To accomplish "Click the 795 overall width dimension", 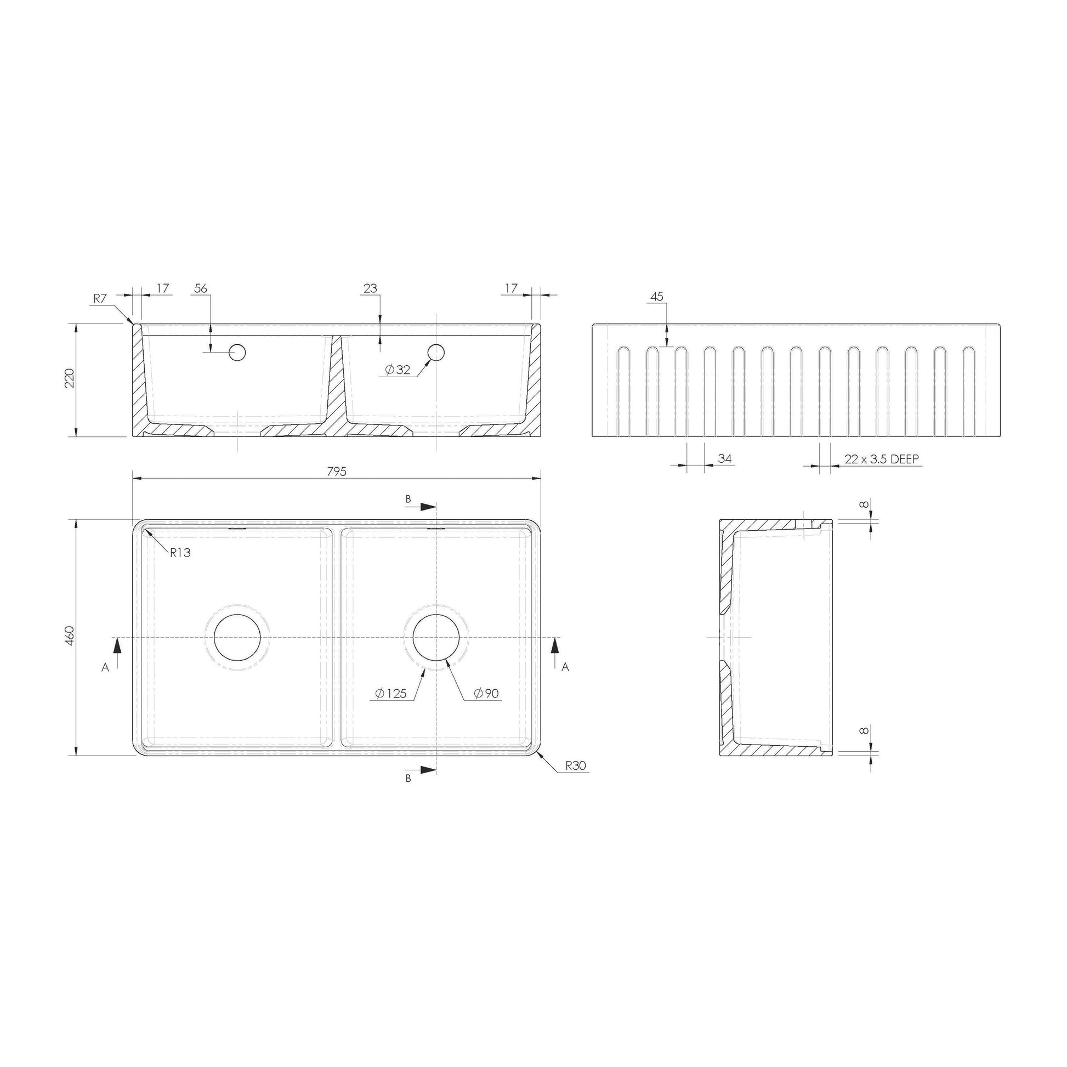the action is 336,471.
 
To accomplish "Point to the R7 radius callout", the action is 99,299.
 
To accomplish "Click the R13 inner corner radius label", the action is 180,552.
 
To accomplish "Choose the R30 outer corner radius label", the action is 576,765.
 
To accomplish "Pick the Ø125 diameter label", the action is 390,694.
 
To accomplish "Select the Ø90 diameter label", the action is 486,694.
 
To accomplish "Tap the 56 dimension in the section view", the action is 201,288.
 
